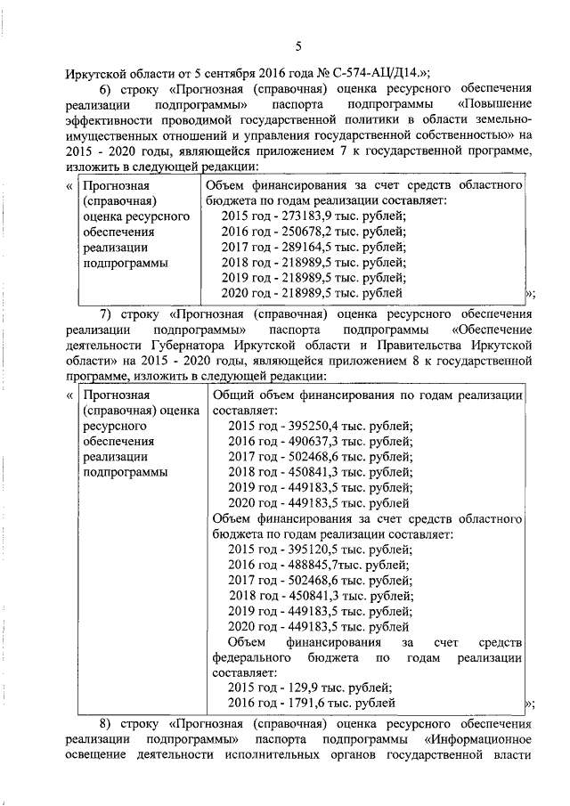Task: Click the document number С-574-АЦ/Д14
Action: [x=369, y=72]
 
